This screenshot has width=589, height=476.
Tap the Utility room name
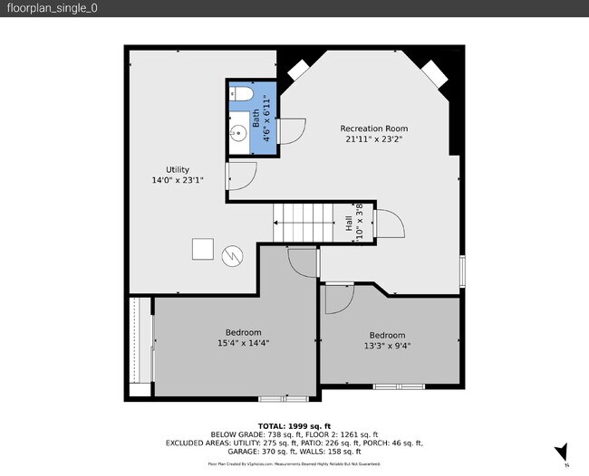(x=177, y=169)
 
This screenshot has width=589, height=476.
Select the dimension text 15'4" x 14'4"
(x=243, y=343)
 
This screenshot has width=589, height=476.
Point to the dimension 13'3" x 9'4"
(x=387, y=346)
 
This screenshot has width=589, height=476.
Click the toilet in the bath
(x=242, y=93)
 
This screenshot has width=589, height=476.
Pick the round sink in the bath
(x=237, y=134)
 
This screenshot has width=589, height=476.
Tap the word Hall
(x=350, y=223)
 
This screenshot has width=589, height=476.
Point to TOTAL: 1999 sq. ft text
(x=294, y=425)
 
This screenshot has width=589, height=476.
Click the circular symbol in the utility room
(x=234, y=256)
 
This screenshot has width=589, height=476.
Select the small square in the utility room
(x=202, y=249)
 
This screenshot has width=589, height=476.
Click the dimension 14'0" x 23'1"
(x=177, y=180)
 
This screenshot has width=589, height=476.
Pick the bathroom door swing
(x=290, y=131)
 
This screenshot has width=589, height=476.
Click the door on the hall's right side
(x=387, y=223)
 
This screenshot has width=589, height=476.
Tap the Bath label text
(x=256, y=117)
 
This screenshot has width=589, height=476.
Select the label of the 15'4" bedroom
(x=243, y=332)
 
